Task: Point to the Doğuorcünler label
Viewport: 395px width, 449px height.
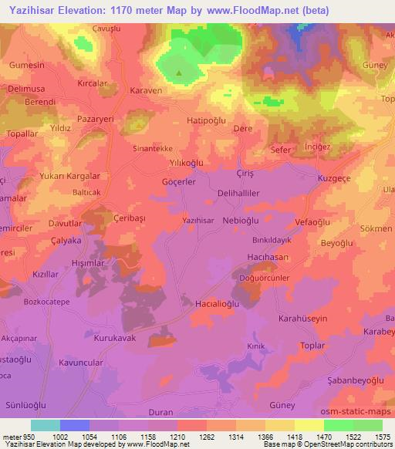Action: pos(264,277)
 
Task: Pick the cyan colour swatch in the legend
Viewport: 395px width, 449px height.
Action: pos(46,425)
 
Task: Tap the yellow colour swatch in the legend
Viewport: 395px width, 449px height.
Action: pos(309,425)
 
